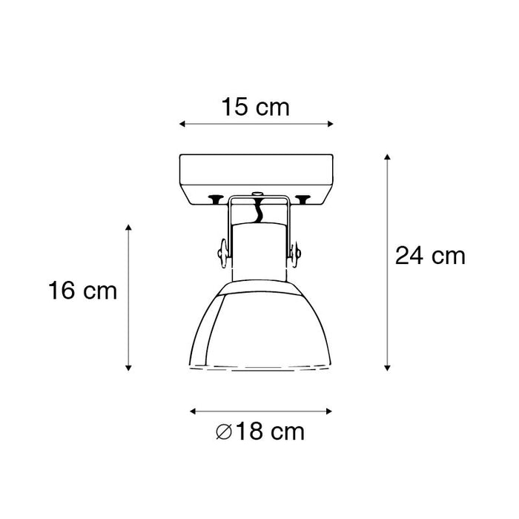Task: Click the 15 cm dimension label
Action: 255,108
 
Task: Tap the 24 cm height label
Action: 429,257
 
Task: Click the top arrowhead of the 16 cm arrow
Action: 128,226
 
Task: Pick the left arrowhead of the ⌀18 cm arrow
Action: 192,410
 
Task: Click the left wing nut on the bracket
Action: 221,254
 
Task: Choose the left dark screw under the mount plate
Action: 216,198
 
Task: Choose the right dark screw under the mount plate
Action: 303,198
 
